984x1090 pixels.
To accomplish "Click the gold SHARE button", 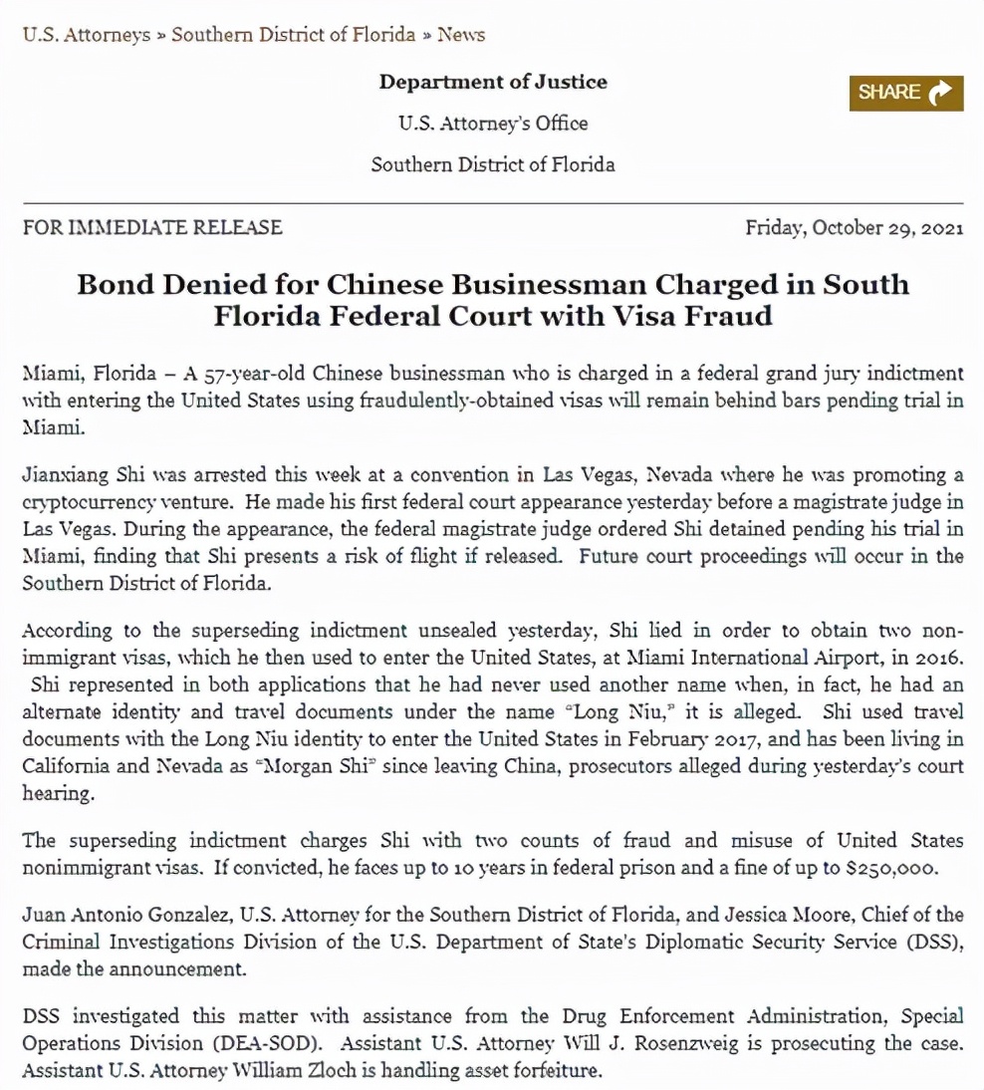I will click(x=905, y=93).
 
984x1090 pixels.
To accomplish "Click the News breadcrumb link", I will click(x=461, y=35).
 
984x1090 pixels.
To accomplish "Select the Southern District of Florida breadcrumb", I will click(x=293, y=35).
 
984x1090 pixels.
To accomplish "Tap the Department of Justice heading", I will click(x=492, y=82).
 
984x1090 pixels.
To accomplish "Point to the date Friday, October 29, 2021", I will click(x=855, y=227).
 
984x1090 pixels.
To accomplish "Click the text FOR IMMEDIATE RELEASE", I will click(x=152, y=227).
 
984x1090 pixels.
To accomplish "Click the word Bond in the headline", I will click(x=114, y=284).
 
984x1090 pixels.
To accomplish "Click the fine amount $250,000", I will click(x=890, y=867).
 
